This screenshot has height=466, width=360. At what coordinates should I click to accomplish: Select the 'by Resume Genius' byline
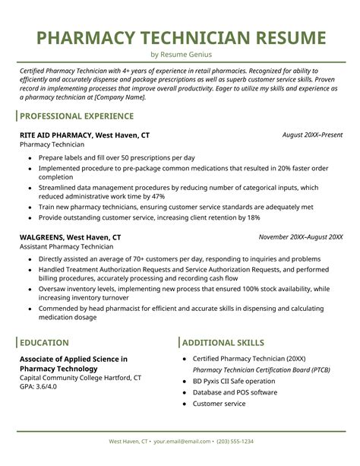pos(180,55)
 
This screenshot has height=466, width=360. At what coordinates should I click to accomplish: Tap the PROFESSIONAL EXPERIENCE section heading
pos(76,116)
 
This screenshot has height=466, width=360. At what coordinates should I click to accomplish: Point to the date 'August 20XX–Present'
pos(312,135)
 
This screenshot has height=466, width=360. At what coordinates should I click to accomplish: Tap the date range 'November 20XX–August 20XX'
pos(300,236)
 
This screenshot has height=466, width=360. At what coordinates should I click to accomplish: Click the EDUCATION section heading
pos(44,343)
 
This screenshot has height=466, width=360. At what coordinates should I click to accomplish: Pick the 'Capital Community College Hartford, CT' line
pos(81,377)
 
